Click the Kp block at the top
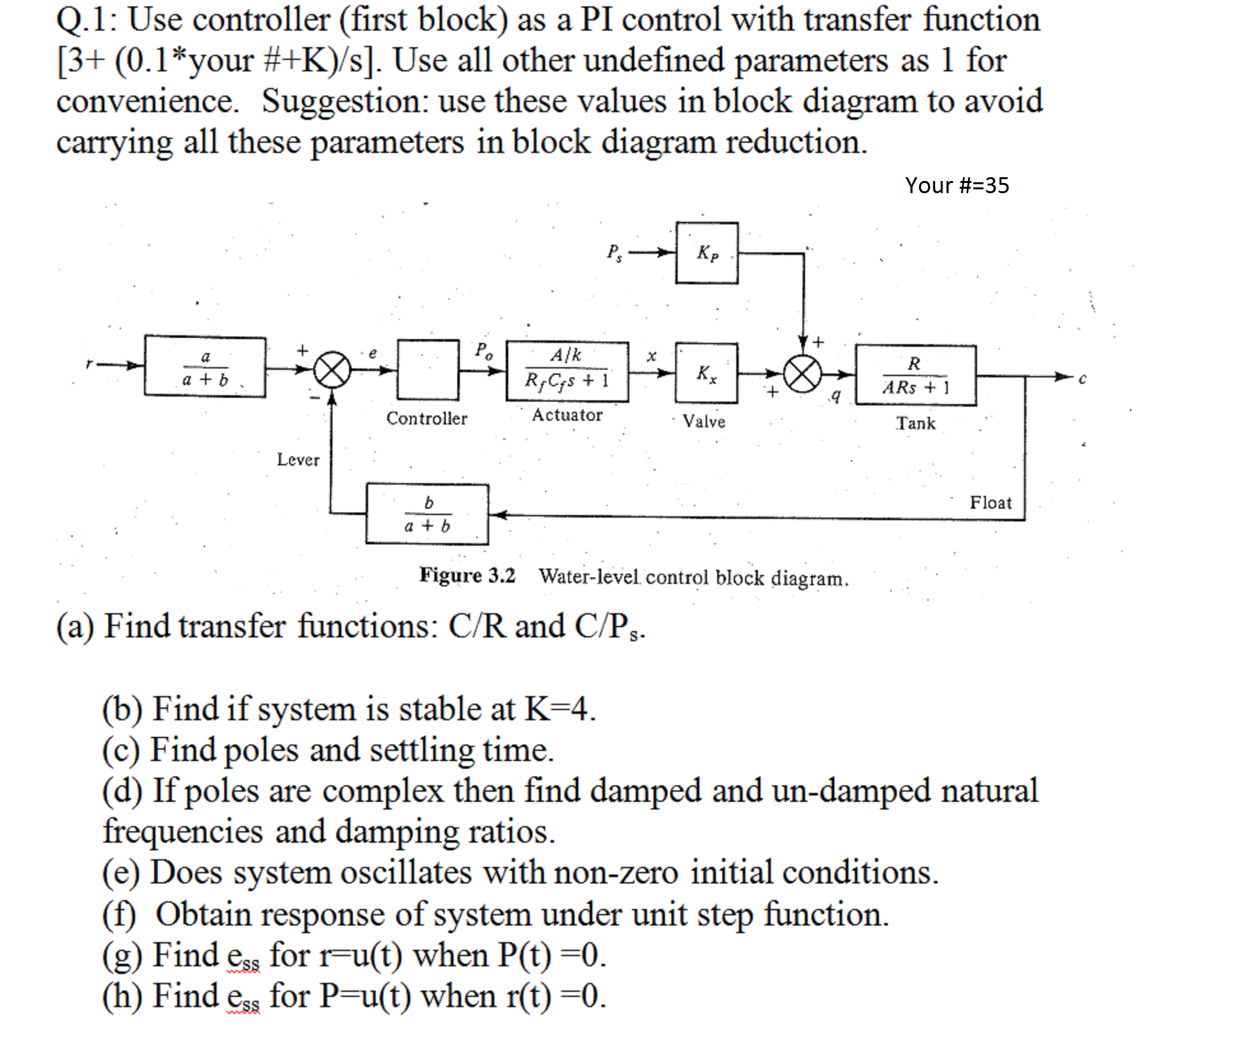pyautogui.click(x=707, y=253)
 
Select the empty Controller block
pyautogui.click(x=428, y=370)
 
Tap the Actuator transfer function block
pyautogui.click(x=567, y=372)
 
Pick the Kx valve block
pyautogui.click(x=706, y=373)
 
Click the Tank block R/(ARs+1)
pyautogui.click(x=915, y=375)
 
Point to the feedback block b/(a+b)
pyautogui.click(x=427, y=514)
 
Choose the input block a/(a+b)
pyautogui.click(x=204, y=367)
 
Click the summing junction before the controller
pyautogui.click(x=332, y=370)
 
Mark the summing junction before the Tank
pyautogui.click(x=803, y=374)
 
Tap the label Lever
pyautogui.click(x=298, y=460)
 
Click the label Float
pyautogui.click(x=990, y=502)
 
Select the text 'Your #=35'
pyautogui.click(x=957, y=185)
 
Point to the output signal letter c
pyautogui.click(x=1082, y=379)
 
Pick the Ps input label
pyautogui.click(x=614, y=253)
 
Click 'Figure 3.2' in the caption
pyautogui.click(x=467, y=576)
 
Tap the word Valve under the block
pyautogui.click(x=704, y=421)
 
